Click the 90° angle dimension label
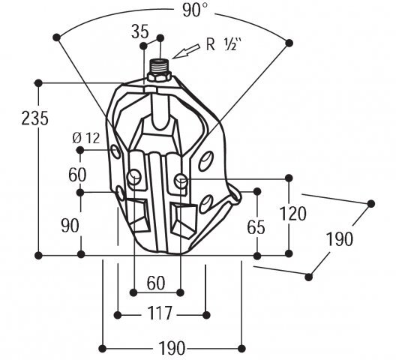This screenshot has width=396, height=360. (x=195, y=10)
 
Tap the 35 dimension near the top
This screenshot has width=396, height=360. (x=140, y=32)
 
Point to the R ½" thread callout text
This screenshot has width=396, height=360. (x=223, y=45)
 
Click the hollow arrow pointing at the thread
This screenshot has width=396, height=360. (x=186, y=51)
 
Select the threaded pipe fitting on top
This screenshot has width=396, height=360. (x=160, y=66)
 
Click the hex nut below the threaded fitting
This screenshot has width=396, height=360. (x=159, y=76)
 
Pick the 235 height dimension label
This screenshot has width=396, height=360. (x=34, y=118)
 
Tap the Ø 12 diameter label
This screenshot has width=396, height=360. (x=86, y=138)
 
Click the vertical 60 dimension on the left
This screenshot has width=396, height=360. (x=77, y=175)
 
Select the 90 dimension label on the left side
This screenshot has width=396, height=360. (x=70, y=226)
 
